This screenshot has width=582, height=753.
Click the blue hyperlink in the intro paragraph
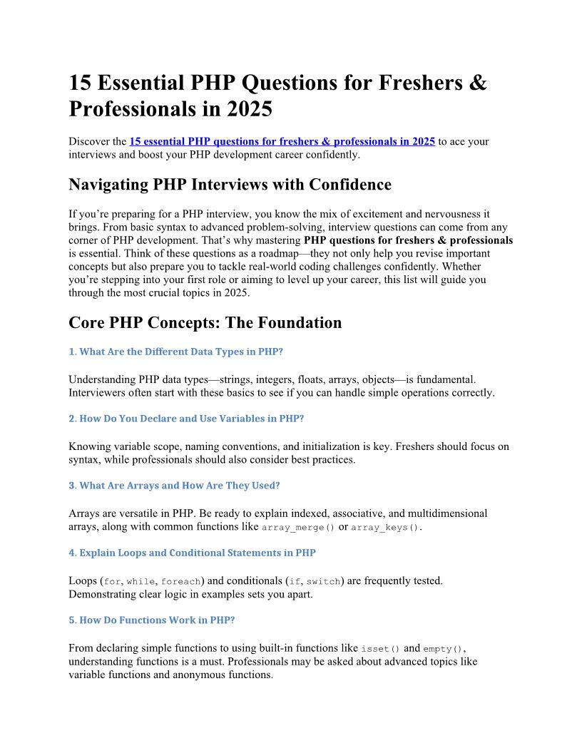click(x=282, y=141)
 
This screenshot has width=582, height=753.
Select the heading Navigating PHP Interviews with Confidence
click(x=230, y=185)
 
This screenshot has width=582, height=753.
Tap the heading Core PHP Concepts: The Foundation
click(x=205, y=322)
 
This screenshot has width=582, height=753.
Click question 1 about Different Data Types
click(x=180, y=352)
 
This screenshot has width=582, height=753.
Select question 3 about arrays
click(x=174, y=486)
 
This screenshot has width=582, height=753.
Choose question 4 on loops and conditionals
click(x=192, y=553)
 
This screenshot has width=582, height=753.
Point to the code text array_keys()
click(x=385, y=527)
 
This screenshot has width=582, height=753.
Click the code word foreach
click(x=181, y=581)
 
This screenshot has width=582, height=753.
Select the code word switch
click(x=323, y=581)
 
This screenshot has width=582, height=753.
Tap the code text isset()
click(x=381, y=648)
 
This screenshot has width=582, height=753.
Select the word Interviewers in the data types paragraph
click(x=98, y=393)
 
